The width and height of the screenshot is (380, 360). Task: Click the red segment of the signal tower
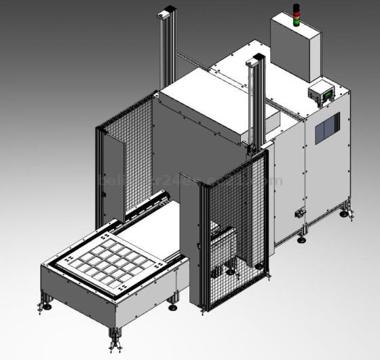(x=295, y=11)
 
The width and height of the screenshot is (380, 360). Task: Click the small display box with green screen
(x=322, y=92)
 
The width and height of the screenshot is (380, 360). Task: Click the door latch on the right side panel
(x=298, y=214)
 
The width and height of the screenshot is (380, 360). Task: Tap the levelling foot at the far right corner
(x=345, y=214)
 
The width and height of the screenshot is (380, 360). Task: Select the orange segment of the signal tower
(x=295, y=16)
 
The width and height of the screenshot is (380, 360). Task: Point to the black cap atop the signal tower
(x=295, y=5)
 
